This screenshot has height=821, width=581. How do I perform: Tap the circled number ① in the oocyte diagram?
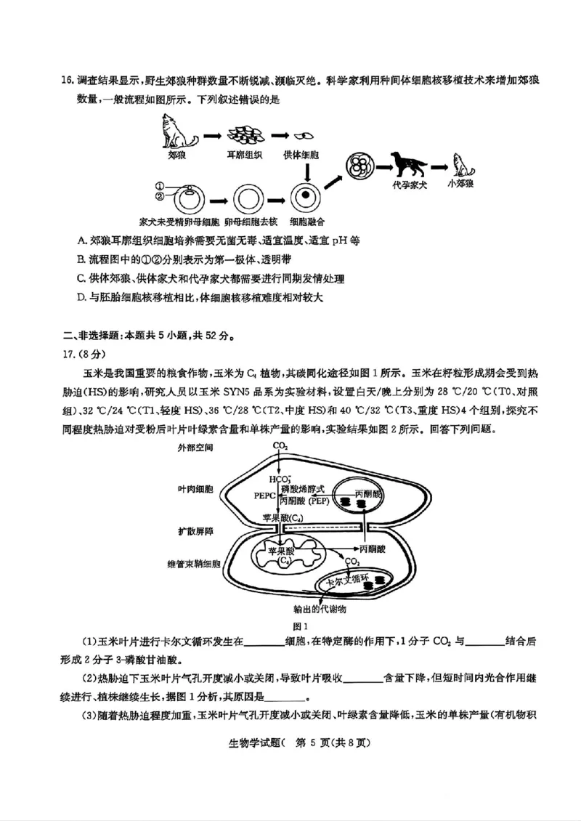pyautogui.click(x=161, y=185)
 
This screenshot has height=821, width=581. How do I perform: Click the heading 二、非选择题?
pyautogui.click(x=91, y=335)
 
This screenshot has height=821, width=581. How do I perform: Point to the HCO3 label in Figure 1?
pyautogui.click(x=280, y=479)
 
